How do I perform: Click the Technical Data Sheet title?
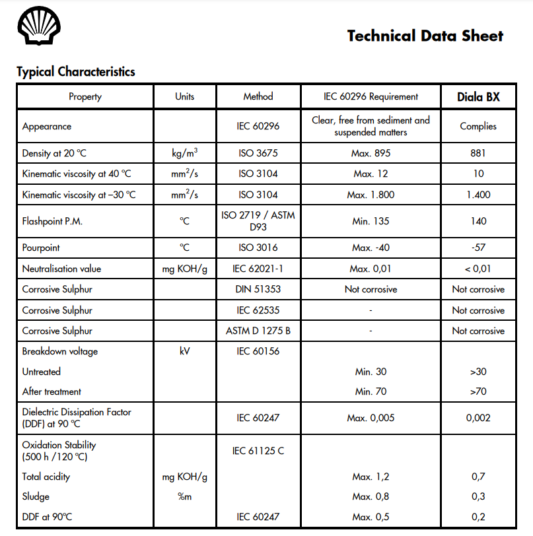pos(425,36)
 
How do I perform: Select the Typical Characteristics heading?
pos(75,72)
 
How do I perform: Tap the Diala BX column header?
pos(478,97)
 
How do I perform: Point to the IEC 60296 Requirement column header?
pos(371,97)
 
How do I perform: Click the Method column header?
pos(258,97)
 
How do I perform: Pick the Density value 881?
pos(478,153)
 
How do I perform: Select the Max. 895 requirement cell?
pos(371,153)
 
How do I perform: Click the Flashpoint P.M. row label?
pos(52,221)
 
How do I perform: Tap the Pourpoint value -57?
pos(478,248)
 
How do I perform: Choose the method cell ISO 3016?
pos(258,248)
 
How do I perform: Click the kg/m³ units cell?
pos(184,153)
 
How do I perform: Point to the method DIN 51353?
pos(258,289)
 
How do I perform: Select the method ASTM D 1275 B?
pos(258,331)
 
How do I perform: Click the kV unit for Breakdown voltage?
pos(184,351)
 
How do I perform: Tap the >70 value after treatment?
pos(478,391)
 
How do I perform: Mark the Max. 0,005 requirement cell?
pos(371,418)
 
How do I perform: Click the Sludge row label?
pos(36,496)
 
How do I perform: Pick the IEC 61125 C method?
pos(258,451)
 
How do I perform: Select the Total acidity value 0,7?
pos(478,477)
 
